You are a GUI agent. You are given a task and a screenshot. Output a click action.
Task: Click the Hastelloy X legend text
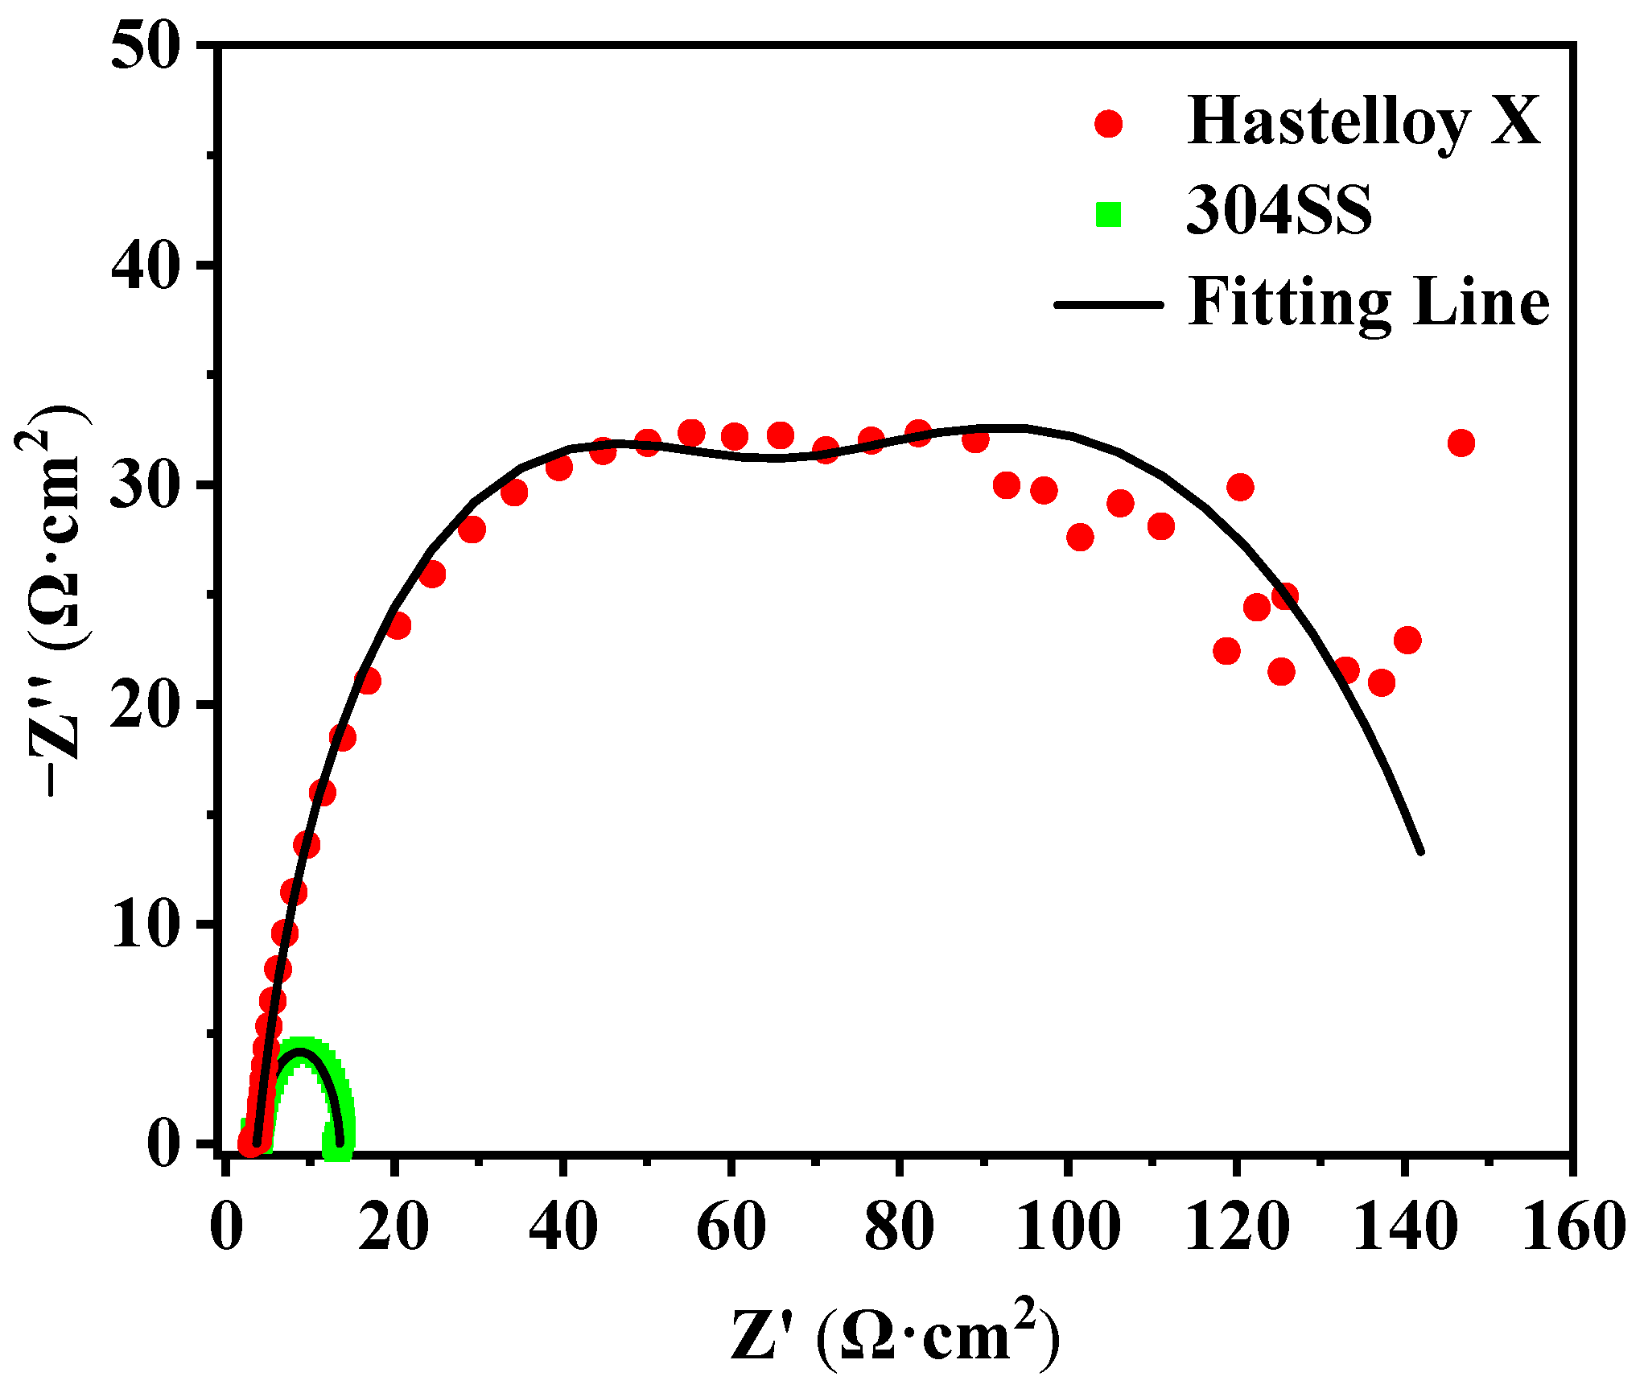pyautogui.click(x=1363, y=122)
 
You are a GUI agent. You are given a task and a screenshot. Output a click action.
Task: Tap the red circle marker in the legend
pyautogui.click(x=1108, y=123)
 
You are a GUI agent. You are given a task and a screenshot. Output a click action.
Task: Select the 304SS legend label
pyautogui.click(x=1279, y=212)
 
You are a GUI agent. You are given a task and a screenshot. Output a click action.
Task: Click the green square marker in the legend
pyautogui.click(x=1108, y=214)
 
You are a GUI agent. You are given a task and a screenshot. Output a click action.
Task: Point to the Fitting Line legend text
pyautogui.click(x=1368, y=303)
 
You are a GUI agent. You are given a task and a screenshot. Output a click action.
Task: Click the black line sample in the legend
pyautogui.click(x=1108, y=304)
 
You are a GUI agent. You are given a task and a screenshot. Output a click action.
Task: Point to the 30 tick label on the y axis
pyautogui.click(x=143, y=485)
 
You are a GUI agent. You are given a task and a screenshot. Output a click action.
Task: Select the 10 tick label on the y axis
pyautogui.click(x=143, y=925)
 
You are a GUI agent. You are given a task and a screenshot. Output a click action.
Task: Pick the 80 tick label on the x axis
pyautogui.click(x=899, y=1227)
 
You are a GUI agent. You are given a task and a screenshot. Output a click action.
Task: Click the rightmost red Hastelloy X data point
pyautogui.click(x=1461, y=443)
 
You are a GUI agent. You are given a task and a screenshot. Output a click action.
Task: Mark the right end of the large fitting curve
pyautogui.click(x=1420, y=851)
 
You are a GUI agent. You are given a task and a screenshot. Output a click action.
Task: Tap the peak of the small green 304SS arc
pyautogui.click(x=300, y=1046)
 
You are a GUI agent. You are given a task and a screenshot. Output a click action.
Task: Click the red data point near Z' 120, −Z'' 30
pyautogui.click(x=1240, y=487)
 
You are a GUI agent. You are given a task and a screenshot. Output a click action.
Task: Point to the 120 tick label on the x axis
pyautogui.click(x=1237, y=1227)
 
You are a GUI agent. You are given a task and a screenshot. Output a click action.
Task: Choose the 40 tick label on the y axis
pyautogui.click(x=143, y=265)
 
